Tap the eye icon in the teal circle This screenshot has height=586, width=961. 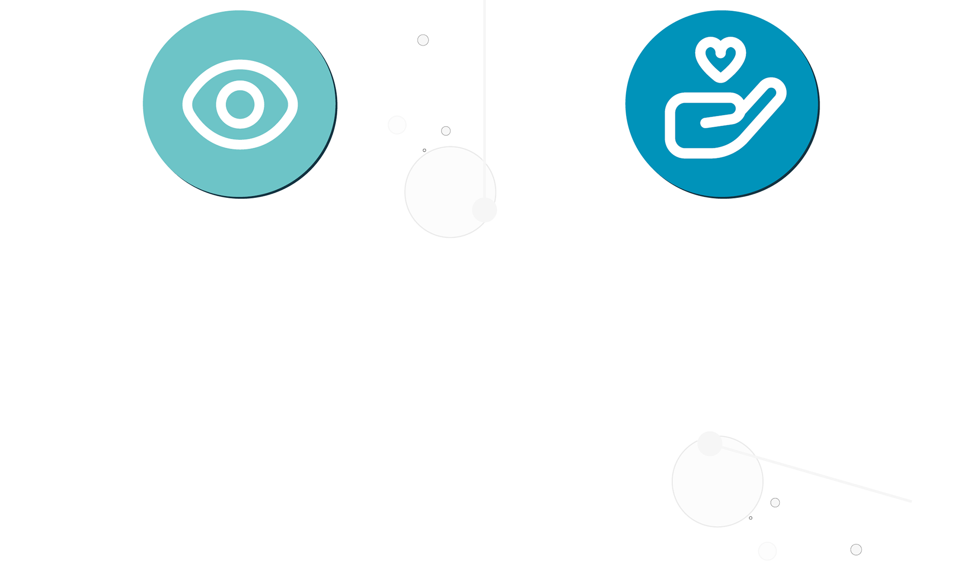pyautogui.click(x=240, y=104)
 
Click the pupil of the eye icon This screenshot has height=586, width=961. pyautogui.click(x=240, y=104)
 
